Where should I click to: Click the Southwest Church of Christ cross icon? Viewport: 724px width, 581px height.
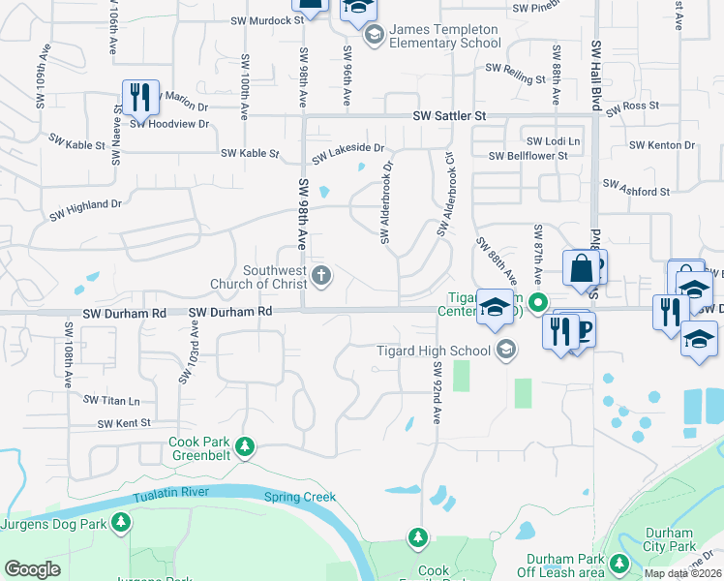click(322, 278)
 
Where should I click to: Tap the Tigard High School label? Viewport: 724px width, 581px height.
click(434, 351)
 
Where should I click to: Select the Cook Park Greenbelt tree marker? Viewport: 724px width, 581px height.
click(246, 446)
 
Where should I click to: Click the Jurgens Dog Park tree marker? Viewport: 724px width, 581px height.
click(121, 524)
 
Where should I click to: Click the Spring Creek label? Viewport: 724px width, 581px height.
click(300, 497)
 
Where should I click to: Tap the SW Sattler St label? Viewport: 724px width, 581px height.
click(448, 116)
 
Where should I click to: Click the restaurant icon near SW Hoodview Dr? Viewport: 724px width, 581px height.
click(139, 98)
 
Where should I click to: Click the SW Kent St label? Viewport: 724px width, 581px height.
click(124, 423)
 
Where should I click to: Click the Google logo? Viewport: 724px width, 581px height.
click(32, 569)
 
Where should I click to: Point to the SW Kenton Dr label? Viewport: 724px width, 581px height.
click(662, 145)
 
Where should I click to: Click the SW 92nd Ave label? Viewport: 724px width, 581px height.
click(437, 392)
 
